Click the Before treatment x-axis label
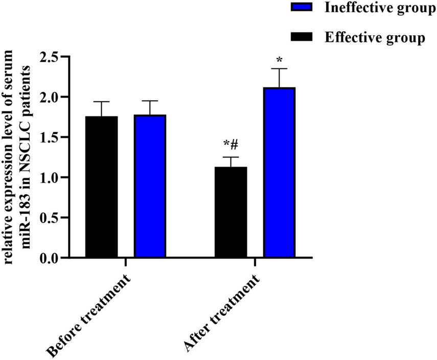tap(89, 314)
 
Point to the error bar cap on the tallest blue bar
tap(280, 68)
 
